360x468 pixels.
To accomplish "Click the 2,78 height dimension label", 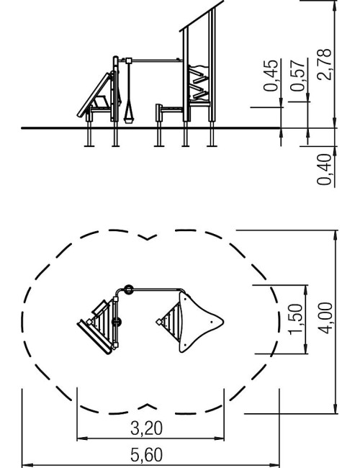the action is [x=325, y=65].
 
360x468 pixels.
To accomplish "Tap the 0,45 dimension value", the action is [x=271, y=76].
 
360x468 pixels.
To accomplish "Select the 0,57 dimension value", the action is [x=297, y=76].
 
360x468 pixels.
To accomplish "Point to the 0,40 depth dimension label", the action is [x=324, y=169].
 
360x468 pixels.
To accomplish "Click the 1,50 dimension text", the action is [x=296, y=319].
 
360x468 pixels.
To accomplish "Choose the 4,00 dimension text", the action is [x=325, y=318].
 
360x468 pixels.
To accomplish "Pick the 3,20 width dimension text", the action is [x=147, y=428].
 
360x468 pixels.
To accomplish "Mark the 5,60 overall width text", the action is [x=147, y=455].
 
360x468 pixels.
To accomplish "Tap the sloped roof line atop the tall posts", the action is [x=202, y=16].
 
